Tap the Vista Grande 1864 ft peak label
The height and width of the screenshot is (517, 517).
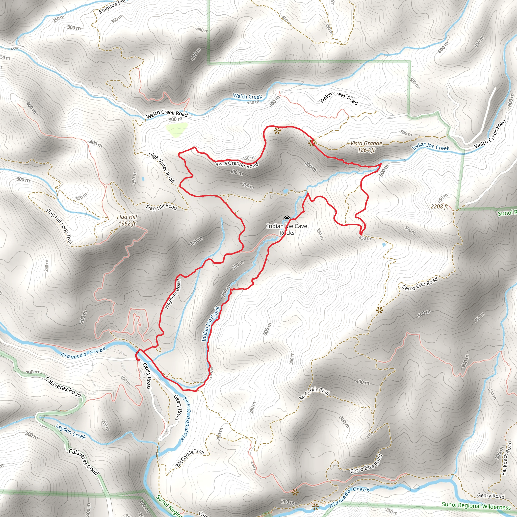point(366,147)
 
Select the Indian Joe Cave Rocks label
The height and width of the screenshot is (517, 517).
point(287,229)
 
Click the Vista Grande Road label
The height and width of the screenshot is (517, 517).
point(237,164)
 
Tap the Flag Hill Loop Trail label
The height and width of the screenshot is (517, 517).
point(59,226)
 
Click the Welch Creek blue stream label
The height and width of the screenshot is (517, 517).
point(248,96)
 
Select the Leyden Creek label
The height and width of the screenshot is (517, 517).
point(70,432)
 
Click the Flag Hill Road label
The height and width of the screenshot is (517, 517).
point(162,207)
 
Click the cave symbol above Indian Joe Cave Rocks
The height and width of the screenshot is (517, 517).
point(287,219)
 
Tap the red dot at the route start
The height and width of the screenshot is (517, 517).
point(138,360)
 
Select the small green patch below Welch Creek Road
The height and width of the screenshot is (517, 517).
point(177,130)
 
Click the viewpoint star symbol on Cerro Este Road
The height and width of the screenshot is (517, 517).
point(379,310)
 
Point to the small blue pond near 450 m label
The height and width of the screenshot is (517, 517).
point(384,245)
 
